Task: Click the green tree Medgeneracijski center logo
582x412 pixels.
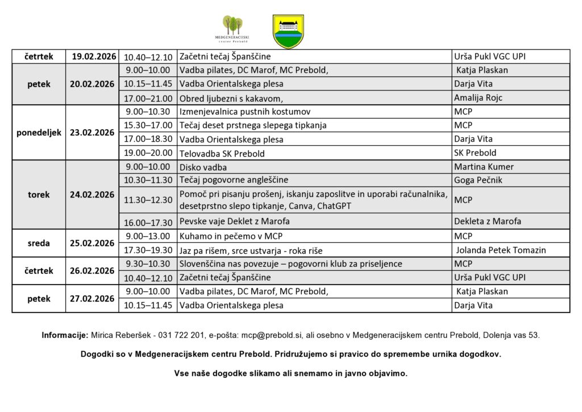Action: click(233, 30)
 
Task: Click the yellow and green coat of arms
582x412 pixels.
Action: click(288, 31)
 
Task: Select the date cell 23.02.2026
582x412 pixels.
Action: click(93, 133)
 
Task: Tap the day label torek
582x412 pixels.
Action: click(39, 195)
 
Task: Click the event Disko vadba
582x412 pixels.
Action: click(203, 167)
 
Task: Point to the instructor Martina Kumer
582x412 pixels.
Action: click(484, 167)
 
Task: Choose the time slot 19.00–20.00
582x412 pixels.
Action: click(147, 153)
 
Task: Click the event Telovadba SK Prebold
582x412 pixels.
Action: click(222, 153)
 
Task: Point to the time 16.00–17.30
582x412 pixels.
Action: click(147, 222)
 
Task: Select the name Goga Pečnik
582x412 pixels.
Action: click(478, 180)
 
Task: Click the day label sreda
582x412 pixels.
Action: click(39, 243)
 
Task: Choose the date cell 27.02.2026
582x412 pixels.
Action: click(93, 299)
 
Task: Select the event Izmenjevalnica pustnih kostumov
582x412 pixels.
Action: click(245, 112)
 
